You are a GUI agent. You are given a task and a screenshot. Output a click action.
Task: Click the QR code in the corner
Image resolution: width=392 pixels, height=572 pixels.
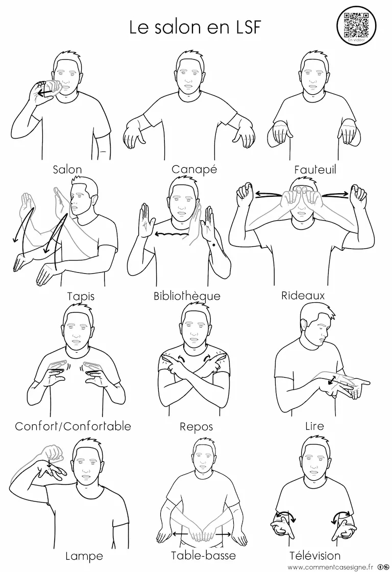tap(356, 25)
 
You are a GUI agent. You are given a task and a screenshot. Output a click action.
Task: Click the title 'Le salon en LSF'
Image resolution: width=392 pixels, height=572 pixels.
tap(195, 28)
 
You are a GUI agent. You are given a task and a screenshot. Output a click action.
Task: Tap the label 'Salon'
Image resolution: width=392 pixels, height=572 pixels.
tap(67, 170)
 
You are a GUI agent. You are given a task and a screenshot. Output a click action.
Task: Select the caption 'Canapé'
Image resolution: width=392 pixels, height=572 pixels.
tap(194, 169)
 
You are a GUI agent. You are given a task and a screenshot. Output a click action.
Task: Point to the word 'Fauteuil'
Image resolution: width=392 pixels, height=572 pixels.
tap(315, 170)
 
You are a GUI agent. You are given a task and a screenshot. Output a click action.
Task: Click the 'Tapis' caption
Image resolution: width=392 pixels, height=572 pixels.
tap(81, 296)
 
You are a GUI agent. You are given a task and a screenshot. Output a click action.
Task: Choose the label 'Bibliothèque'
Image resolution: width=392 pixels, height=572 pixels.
tap(187, 296)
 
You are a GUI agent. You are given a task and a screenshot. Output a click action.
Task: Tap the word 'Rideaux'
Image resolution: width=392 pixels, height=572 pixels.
tap(303, 296)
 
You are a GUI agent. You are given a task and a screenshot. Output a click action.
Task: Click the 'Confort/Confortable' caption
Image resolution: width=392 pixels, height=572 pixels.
tap(72, 426)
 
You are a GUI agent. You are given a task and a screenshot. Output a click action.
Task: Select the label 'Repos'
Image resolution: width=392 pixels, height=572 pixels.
tap(196, 427)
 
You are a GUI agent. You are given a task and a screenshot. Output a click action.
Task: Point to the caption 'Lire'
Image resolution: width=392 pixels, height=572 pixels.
tap(314, 426)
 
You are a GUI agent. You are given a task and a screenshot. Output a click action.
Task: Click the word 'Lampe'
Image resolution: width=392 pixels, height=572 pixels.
tap(84, 556)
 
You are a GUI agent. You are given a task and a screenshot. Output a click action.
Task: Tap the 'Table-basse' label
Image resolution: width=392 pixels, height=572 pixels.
tap(204, 556)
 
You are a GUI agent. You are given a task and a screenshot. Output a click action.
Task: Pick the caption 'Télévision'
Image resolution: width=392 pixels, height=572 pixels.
tap(315, 556)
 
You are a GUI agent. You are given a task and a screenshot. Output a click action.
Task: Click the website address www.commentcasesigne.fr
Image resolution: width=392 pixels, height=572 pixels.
tap(330, 567)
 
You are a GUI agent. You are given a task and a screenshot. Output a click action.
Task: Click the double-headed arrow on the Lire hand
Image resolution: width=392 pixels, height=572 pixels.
tap(332, 380)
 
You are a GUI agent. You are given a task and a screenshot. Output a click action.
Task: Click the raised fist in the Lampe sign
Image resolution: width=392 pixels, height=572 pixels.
tap(53, 452)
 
